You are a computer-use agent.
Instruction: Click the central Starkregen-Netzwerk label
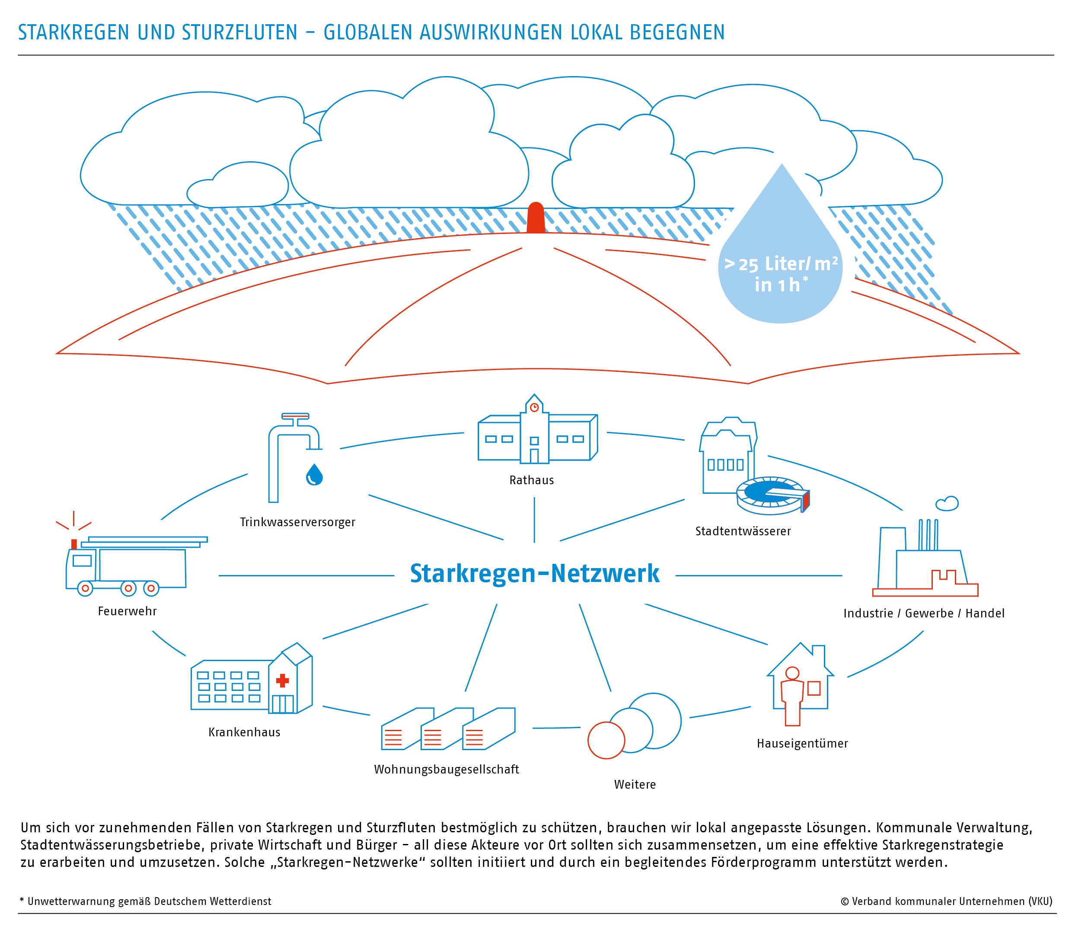534,573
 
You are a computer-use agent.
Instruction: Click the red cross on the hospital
282,680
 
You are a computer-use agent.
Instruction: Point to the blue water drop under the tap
314,474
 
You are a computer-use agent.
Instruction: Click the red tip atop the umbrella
536,217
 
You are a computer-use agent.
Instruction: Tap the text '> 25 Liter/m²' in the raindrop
781,264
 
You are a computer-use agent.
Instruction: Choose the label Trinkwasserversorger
297,522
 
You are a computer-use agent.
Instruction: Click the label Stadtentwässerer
743,531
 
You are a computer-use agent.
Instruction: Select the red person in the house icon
792,695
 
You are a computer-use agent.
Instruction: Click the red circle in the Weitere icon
606,741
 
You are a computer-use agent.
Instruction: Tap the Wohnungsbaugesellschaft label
446,769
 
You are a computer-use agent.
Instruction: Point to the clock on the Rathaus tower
534,407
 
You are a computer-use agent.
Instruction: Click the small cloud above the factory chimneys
947,503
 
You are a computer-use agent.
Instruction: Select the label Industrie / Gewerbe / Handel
924,614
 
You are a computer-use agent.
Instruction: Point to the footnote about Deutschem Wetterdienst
145,901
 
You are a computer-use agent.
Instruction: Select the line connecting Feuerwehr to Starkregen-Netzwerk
306,575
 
